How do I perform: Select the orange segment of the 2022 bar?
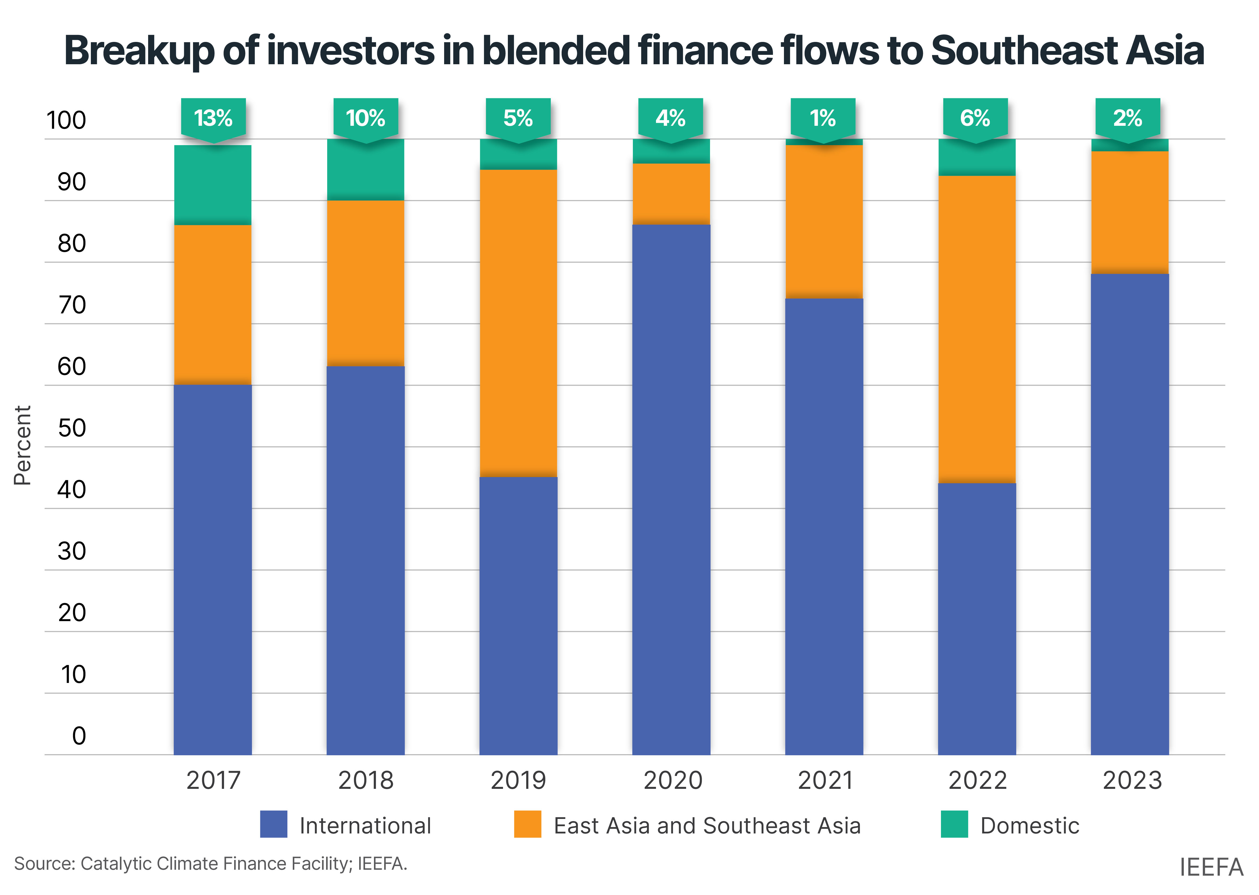tap(977, 330)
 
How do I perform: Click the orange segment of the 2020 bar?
tap(671, 194)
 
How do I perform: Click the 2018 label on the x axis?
tap(365, 780)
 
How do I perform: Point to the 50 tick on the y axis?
tap(72, 428)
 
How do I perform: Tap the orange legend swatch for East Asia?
tap(527, 825)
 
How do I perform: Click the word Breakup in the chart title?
tap(138, 51)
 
